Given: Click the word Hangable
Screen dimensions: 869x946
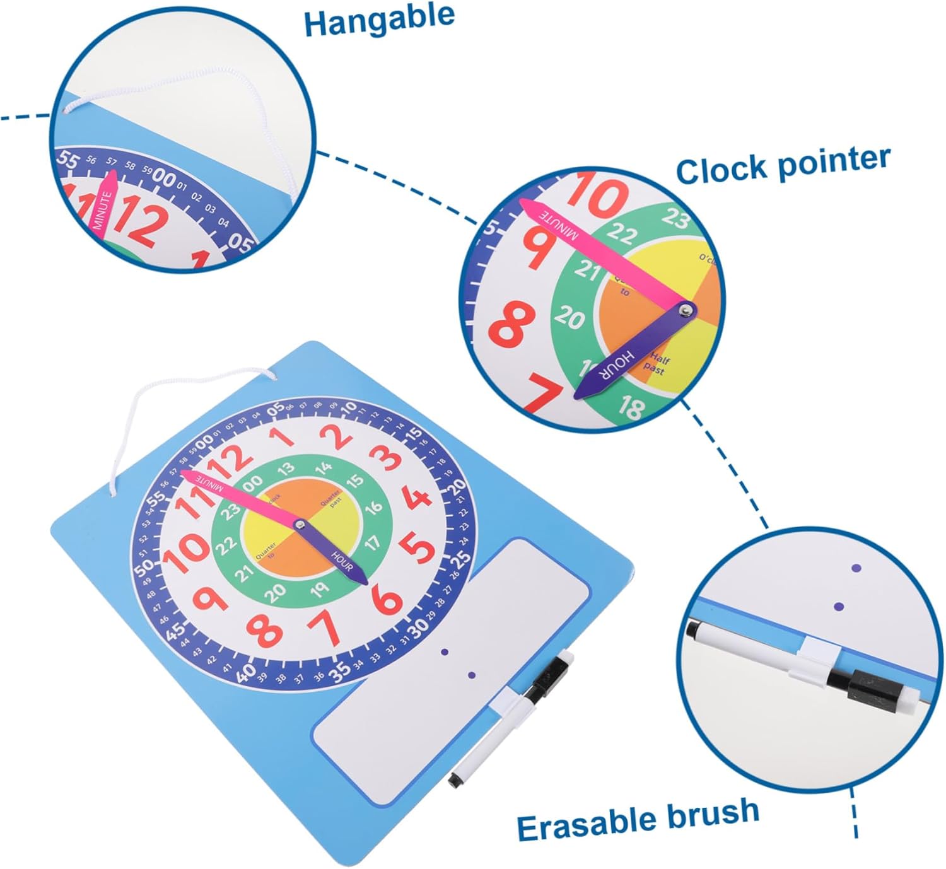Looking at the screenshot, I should pos(379,19).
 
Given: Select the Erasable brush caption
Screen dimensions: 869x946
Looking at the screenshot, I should pos(638,819).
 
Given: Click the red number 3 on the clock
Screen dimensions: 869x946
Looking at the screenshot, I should pos(387,458).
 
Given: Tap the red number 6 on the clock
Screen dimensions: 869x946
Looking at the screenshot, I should pos(387,600).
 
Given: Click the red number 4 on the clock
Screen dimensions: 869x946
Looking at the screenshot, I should pos(417,498).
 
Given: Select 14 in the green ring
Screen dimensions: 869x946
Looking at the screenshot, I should pos(324,469).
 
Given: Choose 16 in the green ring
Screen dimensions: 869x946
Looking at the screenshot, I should pos(373,506).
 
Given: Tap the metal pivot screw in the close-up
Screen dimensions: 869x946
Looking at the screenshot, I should pos(684,310).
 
